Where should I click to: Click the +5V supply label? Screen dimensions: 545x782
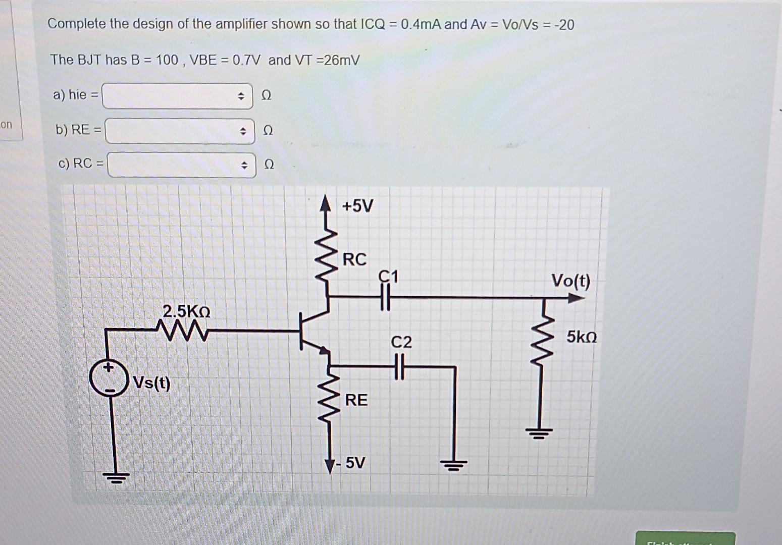click(357, 206)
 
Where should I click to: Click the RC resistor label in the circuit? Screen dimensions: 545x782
click(354, 259)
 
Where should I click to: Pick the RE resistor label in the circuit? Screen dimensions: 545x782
click(356, 400)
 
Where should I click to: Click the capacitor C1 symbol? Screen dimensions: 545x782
click(385, 298)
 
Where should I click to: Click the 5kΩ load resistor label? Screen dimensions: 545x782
click(581, 337)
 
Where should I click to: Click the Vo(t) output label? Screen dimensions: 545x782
click(570, 281)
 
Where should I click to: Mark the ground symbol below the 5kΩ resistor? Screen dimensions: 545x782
click(539, 432)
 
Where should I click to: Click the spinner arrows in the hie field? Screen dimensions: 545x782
click(241, 96)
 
